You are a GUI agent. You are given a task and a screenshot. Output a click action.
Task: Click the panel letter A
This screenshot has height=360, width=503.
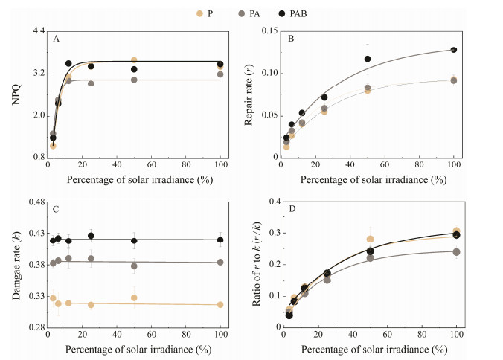coord(57,38)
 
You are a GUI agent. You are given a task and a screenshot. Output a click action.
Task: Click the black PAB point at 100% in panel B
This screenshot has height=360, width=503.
coord(453,50)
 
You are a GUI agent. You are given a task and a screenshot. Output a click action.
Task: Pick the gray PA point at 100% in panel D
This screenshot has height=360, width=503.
coord(456,252)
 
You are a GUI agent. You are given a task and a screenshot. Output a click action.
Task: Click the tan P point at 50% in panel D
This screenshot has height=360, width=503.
coord(370,240)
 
